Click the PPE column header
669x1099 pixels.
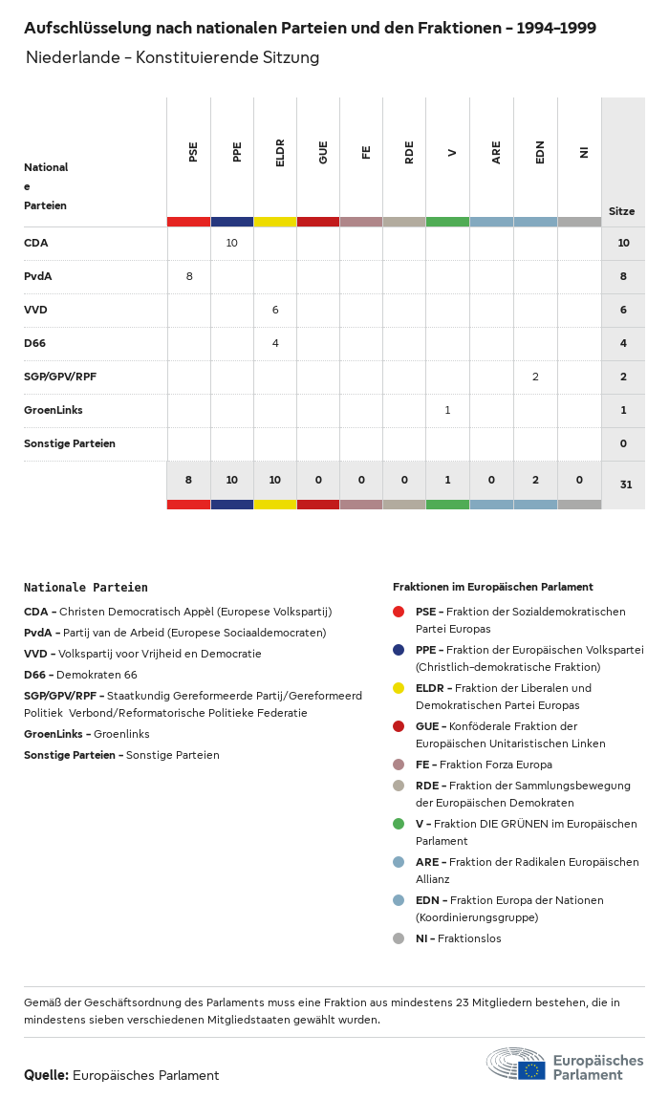coord(237,152)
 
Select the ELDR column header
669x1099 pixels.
coord(280,154)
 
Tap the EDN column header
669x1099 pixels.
coord(540,152)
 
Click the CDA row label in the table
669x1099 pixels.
coord(35,243)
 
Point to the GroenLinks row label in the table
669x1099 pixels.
coord(53,410)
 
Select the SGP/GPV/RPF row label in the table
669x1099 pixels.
coord(60,377)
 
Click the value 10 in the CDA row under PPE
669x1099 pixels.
coord(232,243)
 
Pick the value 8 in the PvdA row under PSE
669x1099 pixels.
coord(189,276)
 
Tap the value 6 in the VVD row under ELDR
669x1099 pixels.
coord(275,310)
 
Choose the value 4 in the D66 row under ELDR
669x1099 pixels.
coord(275,343)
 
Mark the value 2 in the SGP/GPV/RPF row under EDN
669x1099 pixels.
coord(535,377)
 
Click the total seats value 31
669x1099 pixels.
coord(626,485)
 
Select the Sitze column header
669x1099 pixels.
coord(621,211)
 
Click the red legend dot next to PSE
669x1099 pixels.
coord(399,612)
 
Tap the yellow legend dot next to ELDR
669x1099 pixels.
coord(399,688)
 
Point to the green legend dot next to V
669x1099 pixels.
coord(399,824)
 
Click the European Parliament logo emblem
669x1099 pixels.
coord(516,1064)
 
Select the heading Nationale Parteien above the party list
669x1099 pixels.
coord(86,588)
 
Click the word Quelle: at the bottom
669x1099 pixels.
coord(46,1075)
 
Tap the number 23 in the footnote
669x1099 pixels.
coord(474,1002)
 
